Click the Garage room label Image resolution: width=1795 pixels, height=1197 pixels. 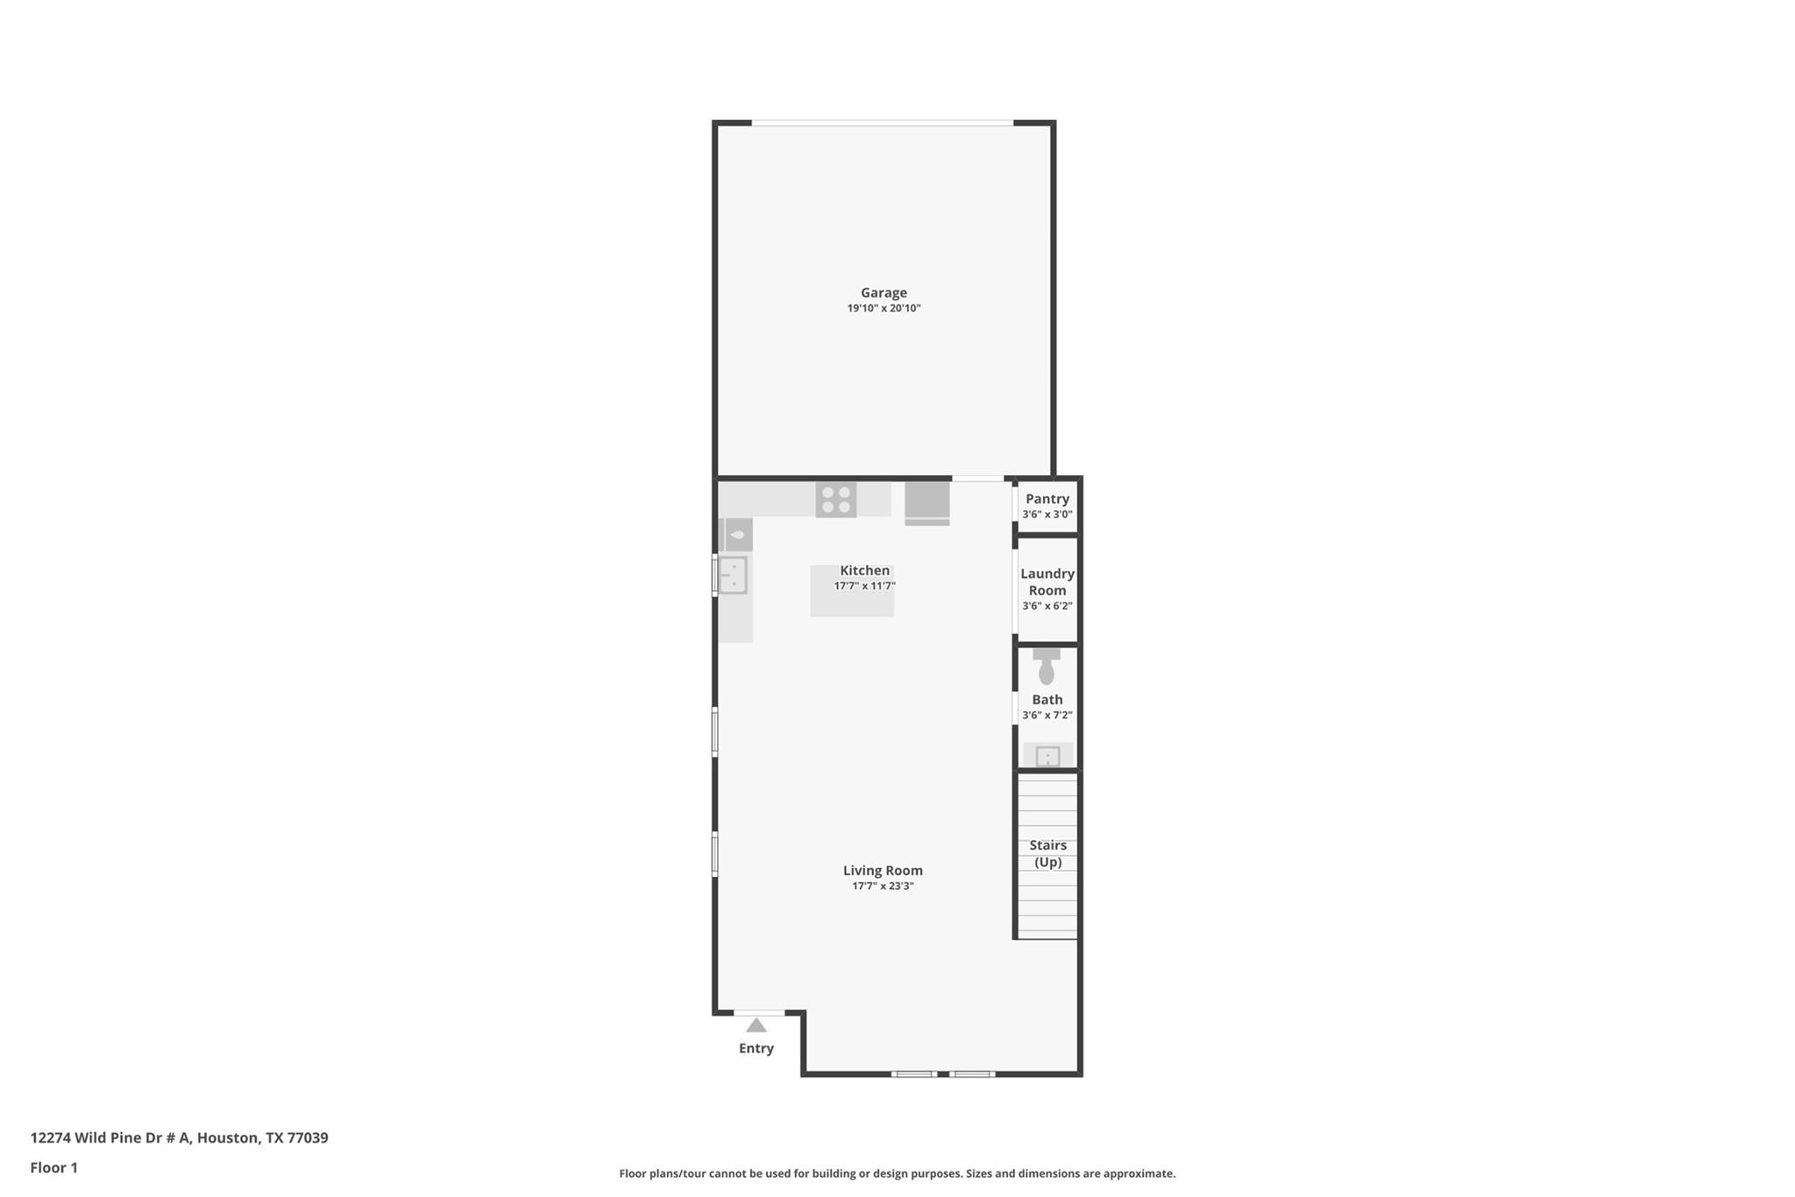[x=883, y=293]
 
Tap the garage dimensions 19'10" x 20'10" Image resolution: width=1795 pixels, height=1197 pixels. [x=883, y=309]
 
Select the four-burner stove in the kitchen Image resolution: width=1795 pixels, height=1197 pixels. [x=836, y=500]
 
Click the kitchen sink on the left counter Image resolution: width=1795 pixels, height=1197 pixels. [x=733, y=575]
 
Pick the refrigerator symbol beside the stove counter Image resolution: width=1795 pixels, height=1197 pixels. [x=927, y=503]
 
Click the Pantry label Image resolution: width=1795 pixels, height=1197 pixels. [x=1047, y=499]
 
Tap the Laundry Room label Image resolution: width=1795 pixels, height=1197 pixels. [x=1047, y=581]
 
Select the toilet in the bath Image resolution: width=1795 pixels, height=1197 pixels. [x=1046, y=667]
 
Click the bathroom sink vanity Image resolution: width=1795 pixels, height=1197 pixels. [x=1048, y=755]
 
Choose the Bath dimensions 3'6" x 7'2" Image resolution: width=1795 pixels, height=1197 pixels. [x=1047, y=716]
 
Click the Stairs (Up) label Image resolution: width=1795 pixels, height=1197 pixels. [x=1047, y=853]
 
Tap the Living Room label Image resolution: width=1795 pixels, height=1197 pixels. [x=883, y=871]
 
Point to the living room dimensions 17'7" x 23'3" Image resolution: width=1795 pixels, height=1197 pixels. [x=883, y=887]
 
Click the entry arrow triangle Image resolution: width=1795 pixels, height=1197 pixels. [x=756, y=1025]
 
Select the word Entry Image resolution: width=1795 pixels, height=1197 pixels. [x=756, y=1049]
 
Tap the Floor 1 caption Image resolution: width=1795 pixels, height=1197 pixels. [x=53, y=1168]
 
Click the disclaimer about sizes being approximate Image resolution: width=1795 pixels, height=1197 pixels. [x=897, y=1173]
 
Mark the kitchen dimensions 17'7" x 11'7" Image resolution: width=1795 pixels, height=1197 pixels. [x=864, y=587]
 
